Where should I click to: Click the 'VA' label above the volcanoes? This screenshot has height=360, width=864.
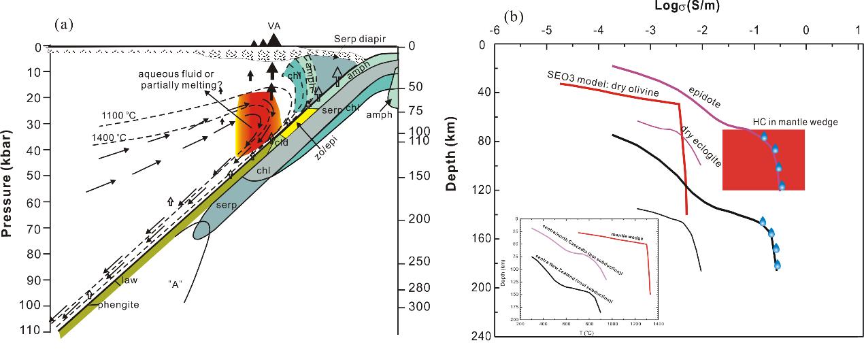273,25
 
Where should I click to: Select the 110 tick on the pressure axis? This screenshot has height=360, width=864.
31,331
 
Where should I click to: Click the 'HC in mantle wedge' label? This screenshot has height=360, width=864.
795,122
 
